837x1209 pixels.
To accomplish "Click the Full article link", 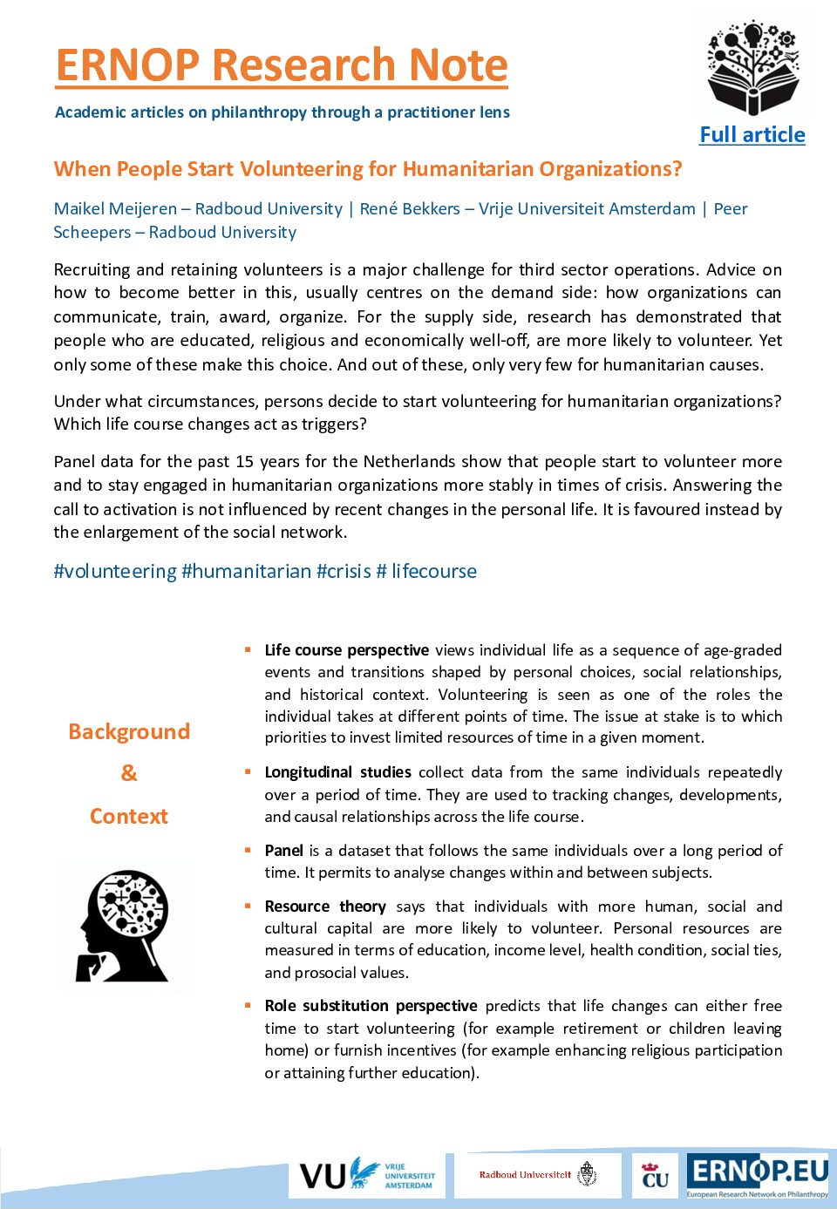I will click(x=752, y=135).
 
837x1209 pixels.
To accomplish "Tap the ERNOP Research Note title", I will click(x=282, y=65).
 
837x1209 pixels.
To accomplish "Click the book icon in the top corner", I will click(x=753, y=69).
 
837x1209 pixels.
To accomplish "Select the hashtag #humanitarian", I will click(x=247, y=572).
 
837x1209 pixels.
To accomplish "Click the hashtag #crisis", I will click(x=344, y=572).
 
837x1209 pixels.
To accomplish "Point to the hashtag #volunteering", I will click(x=115, y=572).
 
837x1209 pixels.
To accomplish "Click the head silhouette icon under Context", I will click(x=125, y=926).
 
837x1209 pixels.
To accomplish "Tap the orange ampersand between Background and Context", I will click(x=129, y=773).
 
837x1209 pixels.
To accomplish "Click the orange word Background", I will click(x=129, y=732).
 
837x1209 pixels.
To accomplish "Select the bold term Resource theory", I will click(x=325, y=907).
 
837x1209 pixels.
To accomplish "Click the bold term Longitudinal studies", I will click(x=337, y=772).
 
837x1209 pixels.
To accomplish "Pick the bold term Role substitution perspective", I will click(x=371, y=1006).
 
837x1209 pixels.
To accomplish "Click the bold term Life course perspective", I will click(x=346, y=650).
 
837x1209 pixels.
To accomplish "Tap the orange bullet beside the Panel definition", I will click(x=248, y=850).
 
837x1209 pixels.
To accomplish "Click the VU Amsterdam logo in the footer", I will click(x=367, y=1176).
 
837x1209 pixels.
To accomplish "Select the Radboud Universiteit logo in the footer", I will click(x=538, y=1175).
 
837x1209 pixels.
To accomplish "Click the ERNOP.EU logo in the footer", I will click(x=757, y=1175).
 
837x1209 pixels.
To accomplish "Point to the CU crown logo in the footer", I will click(x=655, y=1175).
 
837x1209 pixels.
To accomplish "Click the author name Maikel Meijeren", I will click(x=115, y=209).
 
